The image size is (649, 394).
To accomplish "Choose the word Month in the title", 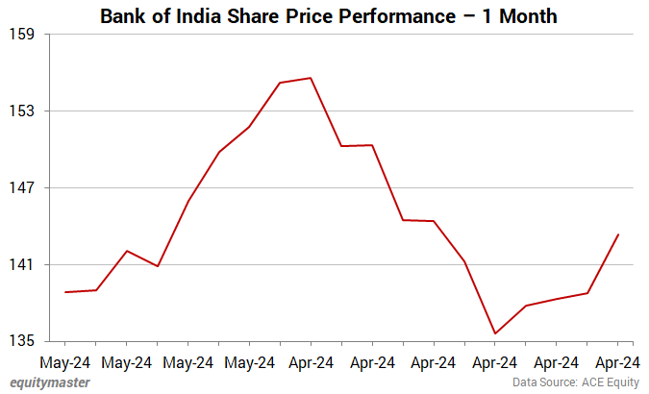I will click(521, 16).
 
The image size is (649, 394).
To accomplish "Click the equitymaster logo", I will click(50, 382).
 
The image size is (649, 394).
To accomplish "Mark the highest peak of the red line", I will click(311, 78).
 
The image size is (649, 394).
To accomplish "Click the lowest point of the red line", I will click(495, 333).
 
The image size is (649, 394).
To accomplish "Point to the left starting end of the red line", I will click(65, 292).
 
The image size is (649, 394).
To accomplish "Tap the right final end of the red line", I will click(618, 234).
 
